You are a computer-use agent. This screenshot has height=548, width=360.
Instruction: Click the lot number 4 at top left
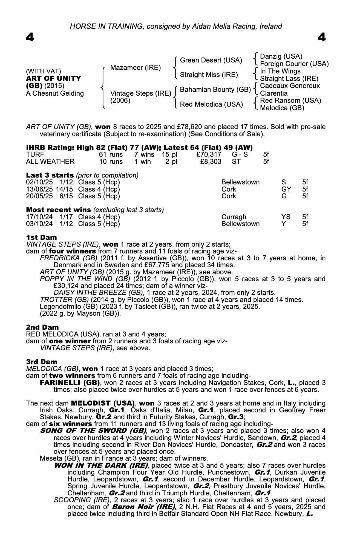pyautogui.click(x=30, y=38)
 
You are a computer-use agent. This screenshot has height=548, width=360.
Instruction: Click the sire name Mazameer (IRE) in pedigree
pyautogui.click(x=136, y=68)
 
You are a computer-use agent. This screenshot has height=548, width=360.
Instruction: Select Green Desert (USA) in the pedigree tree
pyautogui.click(x=211, y=60)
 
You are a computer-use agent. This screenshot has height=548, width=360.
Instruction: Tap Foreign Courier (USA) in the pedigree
pyautogui.click(x=294, y=64)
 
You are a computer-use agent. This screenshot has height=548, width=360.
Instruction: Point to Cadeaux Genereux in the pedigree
pyautogui.click(x=290, y=86)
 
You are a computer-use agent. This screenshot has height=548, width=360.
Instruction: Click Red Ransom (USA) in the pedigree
pyautogui.click(x=290, y=101)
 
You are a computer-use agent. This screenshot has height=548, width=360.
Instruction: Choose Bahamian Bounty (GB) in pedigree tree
pyautogui.click(x=215, y=90)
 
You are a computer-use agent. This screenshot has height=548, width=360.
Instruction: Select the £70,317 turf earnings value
pyautogui.click(x=209, y=155)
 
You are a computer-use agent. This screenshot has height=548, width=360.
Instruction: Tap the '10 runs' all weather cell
pyautogui.click(x=111, y=162)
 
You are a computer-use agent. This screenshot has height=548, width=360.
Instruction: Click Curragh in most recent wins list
pyautogui.click(x=234, y=217)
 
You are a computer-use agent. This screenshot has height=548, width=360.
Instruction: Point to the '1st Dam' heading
pyautogui.click(x=42, y=237)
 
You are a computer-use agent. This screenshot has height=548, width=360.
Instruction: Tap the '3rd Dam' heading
pyautogui.click(x=42, y=362)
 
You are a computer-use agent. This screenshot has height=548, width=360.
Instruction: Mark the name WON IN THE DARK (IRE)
pyautogui.click(x=101, y=466)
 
